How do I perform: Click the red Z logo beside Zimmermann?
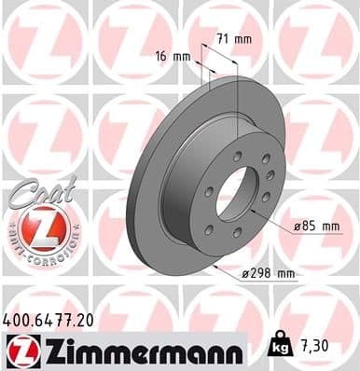pyautogui.click(x=20, y=351)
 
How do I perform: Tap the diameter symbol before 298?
pyautogui.click(x=243, y=273)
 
